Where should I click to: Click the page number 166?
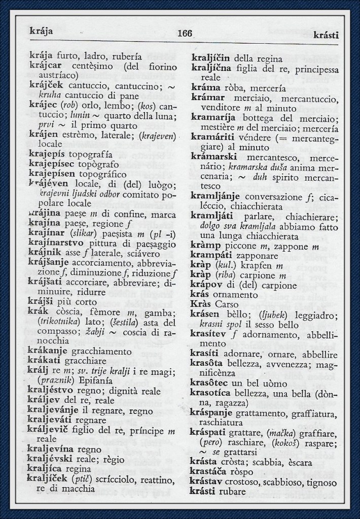185,34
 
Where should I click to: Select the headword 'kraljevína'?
55,449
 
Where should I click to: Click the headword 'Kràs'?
201,305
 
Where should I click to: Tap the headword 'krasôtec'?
210,383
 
